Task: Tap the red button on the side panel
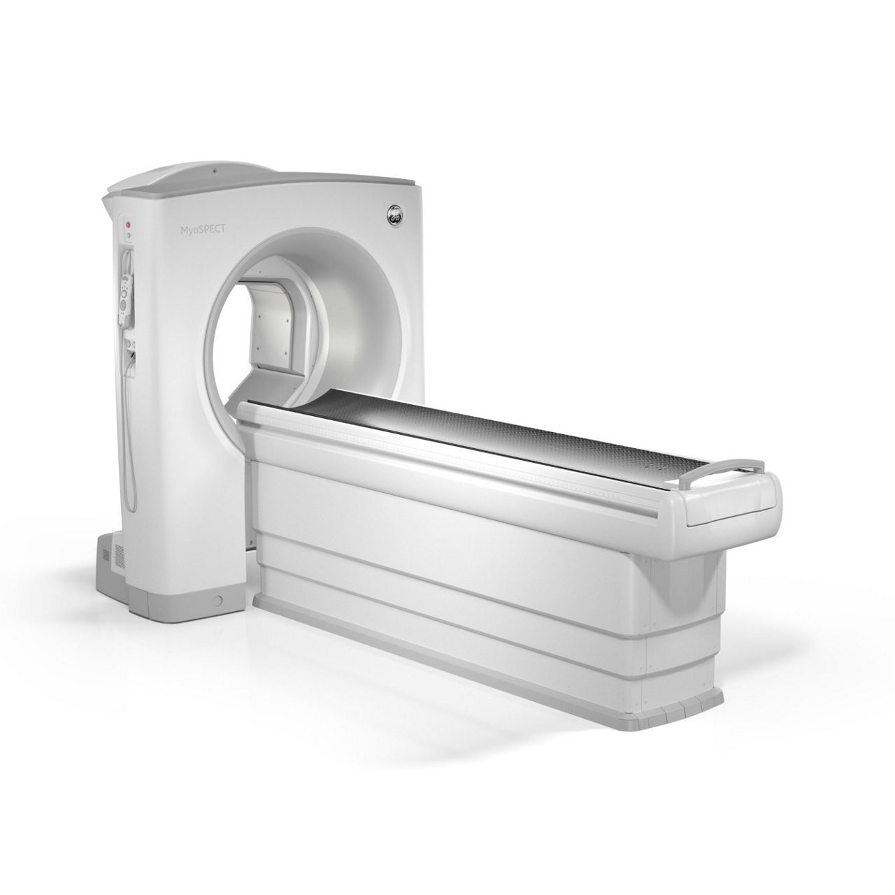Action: click(129, 224)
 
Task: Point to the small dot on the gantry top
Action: click(215, 171)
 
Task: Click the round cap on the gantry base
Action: click(217, 601)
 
